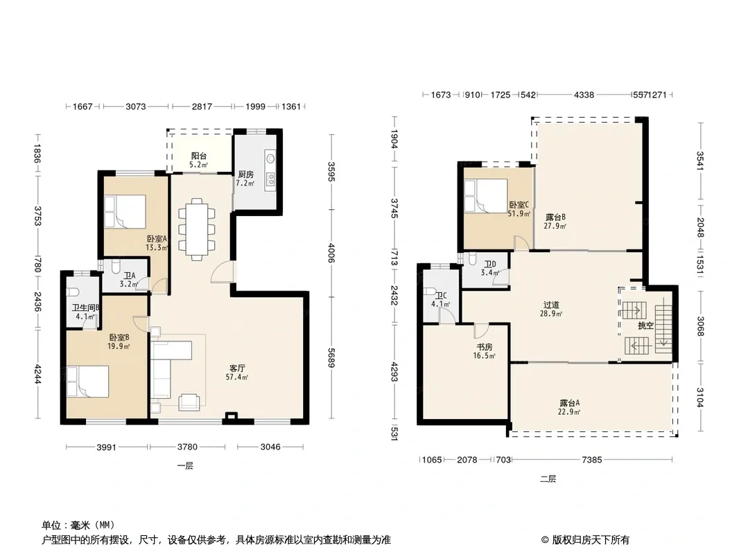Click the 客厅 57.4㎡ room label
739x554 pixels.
click(x=237, y=372)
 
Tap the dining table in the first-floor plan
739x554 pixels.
click(x=196, y=229)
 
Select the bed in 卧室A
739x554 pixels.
click(x=125, y=212)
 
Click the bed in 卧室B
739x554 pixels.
click(x=87, y=382)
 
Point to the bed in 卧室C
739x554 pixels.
click(x=486, y=196)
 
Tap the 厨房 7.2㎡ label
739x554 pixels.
click(x=245, y=179)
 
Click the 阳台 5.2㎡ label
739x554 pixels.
click(x=199, y=160)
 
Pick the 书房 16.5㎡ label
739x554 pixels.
click(x=485, y=351)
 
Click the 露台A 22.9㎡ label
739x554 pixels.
click(x=569, y=407)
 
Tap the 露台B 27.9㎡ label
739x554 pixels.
click(x=555, y=221)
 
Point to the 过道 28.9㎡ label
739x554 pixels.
click(x=551, y=309)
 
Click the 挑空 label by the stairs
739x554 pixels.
click(x=645, y=325)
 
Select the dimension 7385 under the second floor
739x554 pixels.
click(x=592, y=459)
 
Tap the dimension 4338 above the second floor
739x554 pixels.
click(x=584, y=95)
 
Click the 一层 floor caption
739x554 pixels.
click(x=185, y=466)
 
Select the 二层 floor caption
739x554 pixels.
click(x=548, y=479)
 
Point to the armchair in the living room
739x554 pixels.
click(x=189, y=402)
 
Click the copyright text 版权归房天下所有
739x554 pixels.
click(x=591, y=540)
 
